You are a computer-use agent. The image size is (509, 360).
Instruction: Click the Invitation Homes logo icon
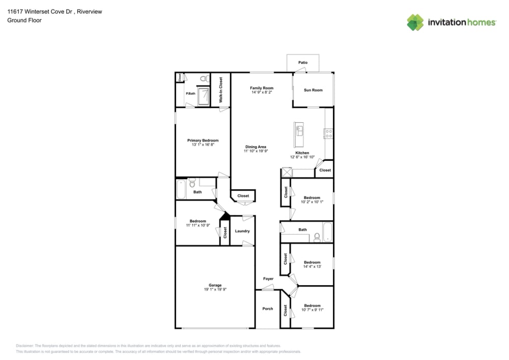(x=415, y=22)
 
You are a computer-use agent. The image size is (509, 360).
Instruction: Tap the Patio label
(x=303, y=63)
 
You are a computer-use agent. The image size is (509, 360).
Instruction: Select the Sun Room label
(x=313, y=90)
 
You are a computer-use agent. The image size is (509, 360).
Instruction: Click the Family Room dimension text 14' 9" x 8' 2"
(x=261, y=93)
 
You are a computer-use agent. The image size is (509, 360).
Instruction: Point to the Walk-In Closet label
(x=221, y=90)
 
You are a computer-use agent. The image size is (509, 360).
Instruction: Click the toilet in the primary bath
(x=203, y=79)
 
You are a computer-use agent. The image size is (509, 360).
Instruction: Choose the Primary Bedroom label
(x=203, y=141)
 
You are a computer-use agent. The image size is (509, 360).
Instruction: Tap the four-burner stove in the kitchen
(x=329, y=134)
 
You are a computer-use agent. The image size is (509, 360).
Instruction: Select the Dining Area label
(x=256, y=147)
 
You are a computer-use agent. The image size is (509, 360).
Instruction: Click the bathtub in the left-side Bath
(x=181, y=189)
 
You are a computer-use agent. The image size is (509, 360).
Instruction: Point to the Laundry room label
(x=242, y=231)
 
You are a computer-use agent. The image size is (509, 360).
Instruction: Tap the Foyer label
(x=268, y=279)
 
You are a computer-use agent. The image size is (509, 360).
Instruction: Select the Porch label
(x=267, y=309)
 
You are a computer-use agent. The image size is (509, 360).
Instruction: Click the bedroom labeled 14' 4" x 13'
(x=312, y=264)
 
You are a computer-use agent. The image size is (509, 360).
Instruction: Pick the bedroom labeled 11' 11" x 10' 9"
(x=197, y=223)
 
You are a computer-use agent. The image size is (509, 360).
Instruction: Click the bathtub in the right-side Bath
(x=327, y=232)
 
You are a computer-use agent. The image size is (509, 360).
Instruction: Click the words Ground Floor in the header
(x=24, y=20)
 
